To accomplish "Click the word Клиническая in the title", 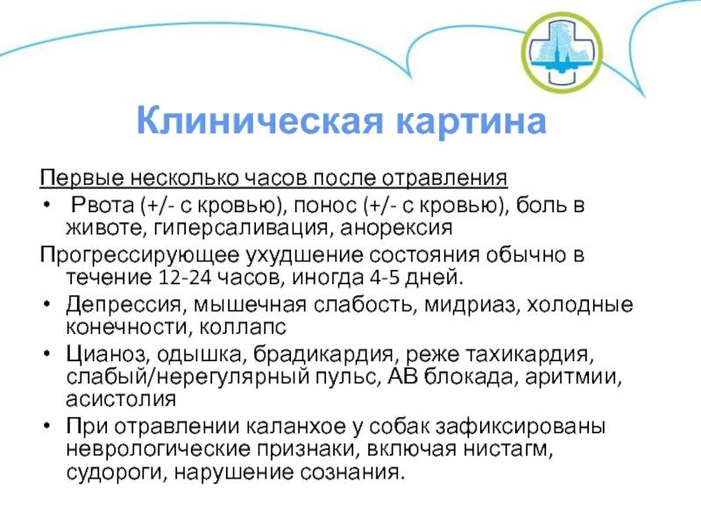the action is point(259,120).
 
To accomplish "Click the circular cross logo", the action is point(562,53).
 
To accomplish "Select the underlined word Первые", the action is point(82,178).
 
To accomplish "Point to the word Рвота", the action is point(103,205).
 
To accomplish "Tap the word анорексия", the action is point(396,229).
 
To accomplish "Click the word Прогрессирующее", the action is point(139,256).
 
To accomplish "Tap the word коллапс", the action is point(243,328).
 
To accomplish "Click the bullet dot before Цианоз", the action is point(46,354).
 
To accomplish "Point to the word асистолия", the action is point(121,400).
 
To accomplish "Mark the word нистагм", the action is point(508,449).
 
